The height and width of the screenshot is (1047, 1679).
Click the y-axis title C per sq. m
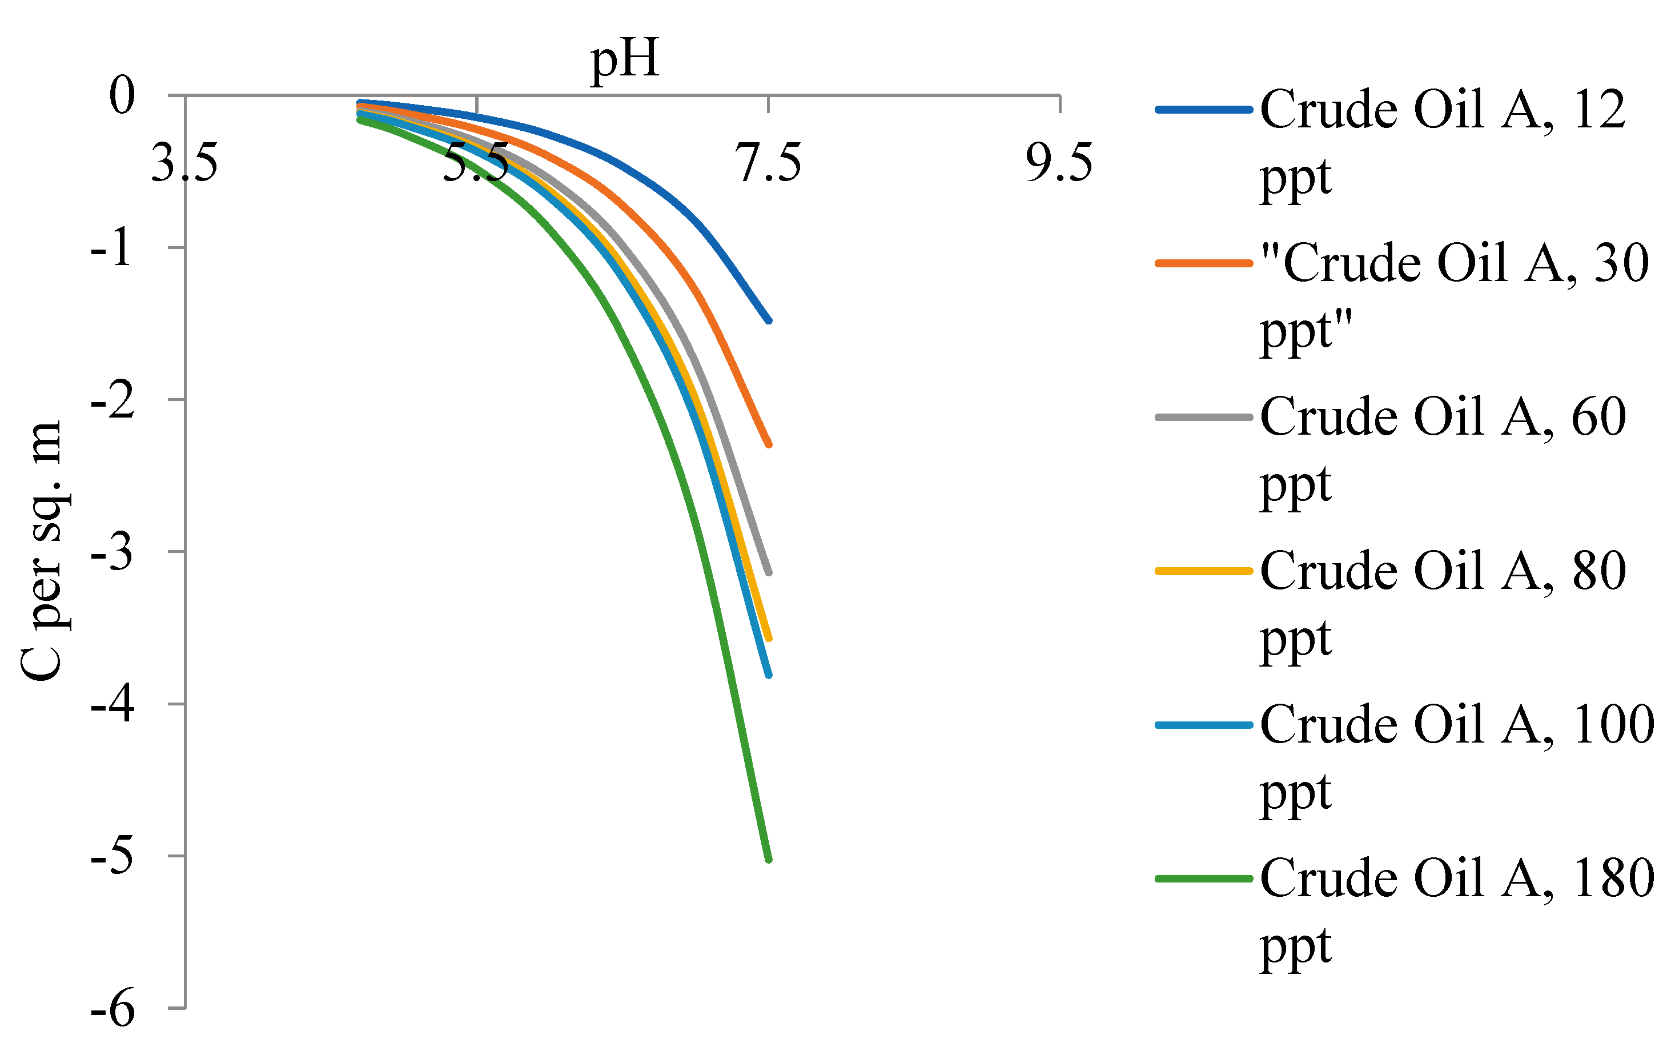pos(42,551)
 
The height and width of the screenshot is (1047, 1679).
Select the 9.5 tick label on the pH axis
pos(1059,163)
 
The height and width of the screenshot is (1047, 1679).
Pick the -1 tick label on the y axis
pos(111,248)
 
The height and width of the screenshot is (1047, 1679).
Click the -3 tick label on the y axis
pos(111,552)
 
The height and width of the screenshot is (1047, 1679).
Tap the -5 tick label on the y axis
pos(111,857)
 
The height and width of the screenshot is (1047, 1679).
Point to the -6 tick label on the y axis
pos(111,1009)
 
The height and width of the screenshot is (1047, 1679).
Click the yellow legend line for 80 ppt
pos(1203,571)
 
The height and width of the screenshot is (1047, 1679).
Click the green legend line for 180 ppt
pos(1203,878)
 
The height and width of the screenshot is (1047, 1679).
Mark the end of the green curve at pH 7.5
pos(769,859)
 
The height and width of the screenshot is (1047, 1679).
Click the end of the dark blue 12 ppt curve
pos(769,320)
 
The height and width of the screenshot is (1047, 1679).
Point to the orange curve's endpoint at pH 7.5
pos(769,444)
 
